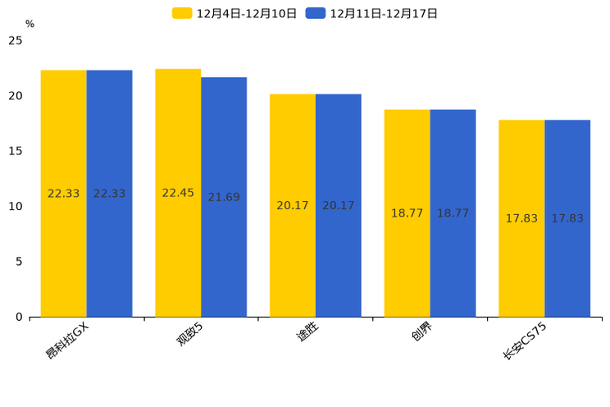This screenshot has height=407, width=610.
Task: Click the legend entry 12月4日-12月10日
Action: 235,13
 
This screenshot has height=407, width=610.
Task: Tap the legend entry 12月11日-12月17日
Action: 372,13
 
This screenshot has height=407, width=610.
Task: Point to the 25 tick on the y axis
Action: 16,40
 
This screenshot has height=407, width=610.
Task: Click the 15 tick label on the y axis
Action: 16,151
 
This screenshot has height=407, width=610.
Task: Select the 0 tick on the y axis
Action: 19,317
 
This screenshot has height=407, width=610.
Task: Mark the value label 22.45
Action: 178,193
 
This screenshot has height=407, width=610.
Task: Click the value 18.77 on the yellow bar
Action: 407,213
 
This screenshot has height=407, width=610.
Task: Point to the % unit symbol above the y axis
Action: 30,24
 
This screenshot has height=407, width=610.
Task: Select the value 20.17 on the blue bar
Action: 338,206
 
